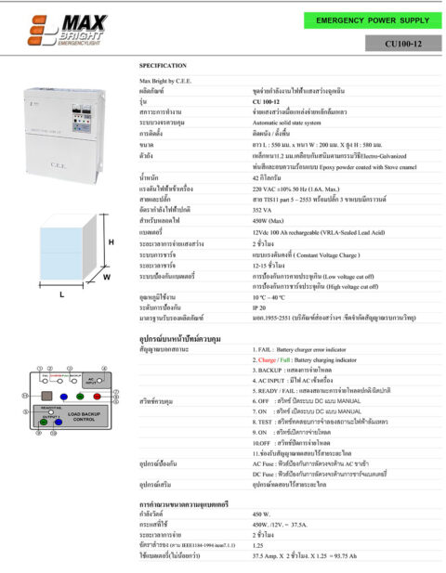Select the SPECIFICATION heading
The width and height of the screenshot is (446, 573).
tap(163, 66)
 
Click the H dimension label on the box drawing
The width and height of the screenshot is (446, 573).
tap(111, 242)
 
